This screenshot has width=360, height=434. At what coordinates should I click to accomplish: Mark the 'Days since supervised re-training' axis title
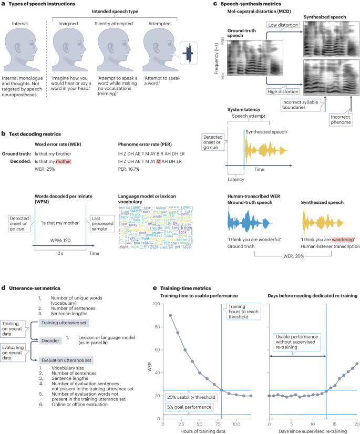[313, 430]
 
